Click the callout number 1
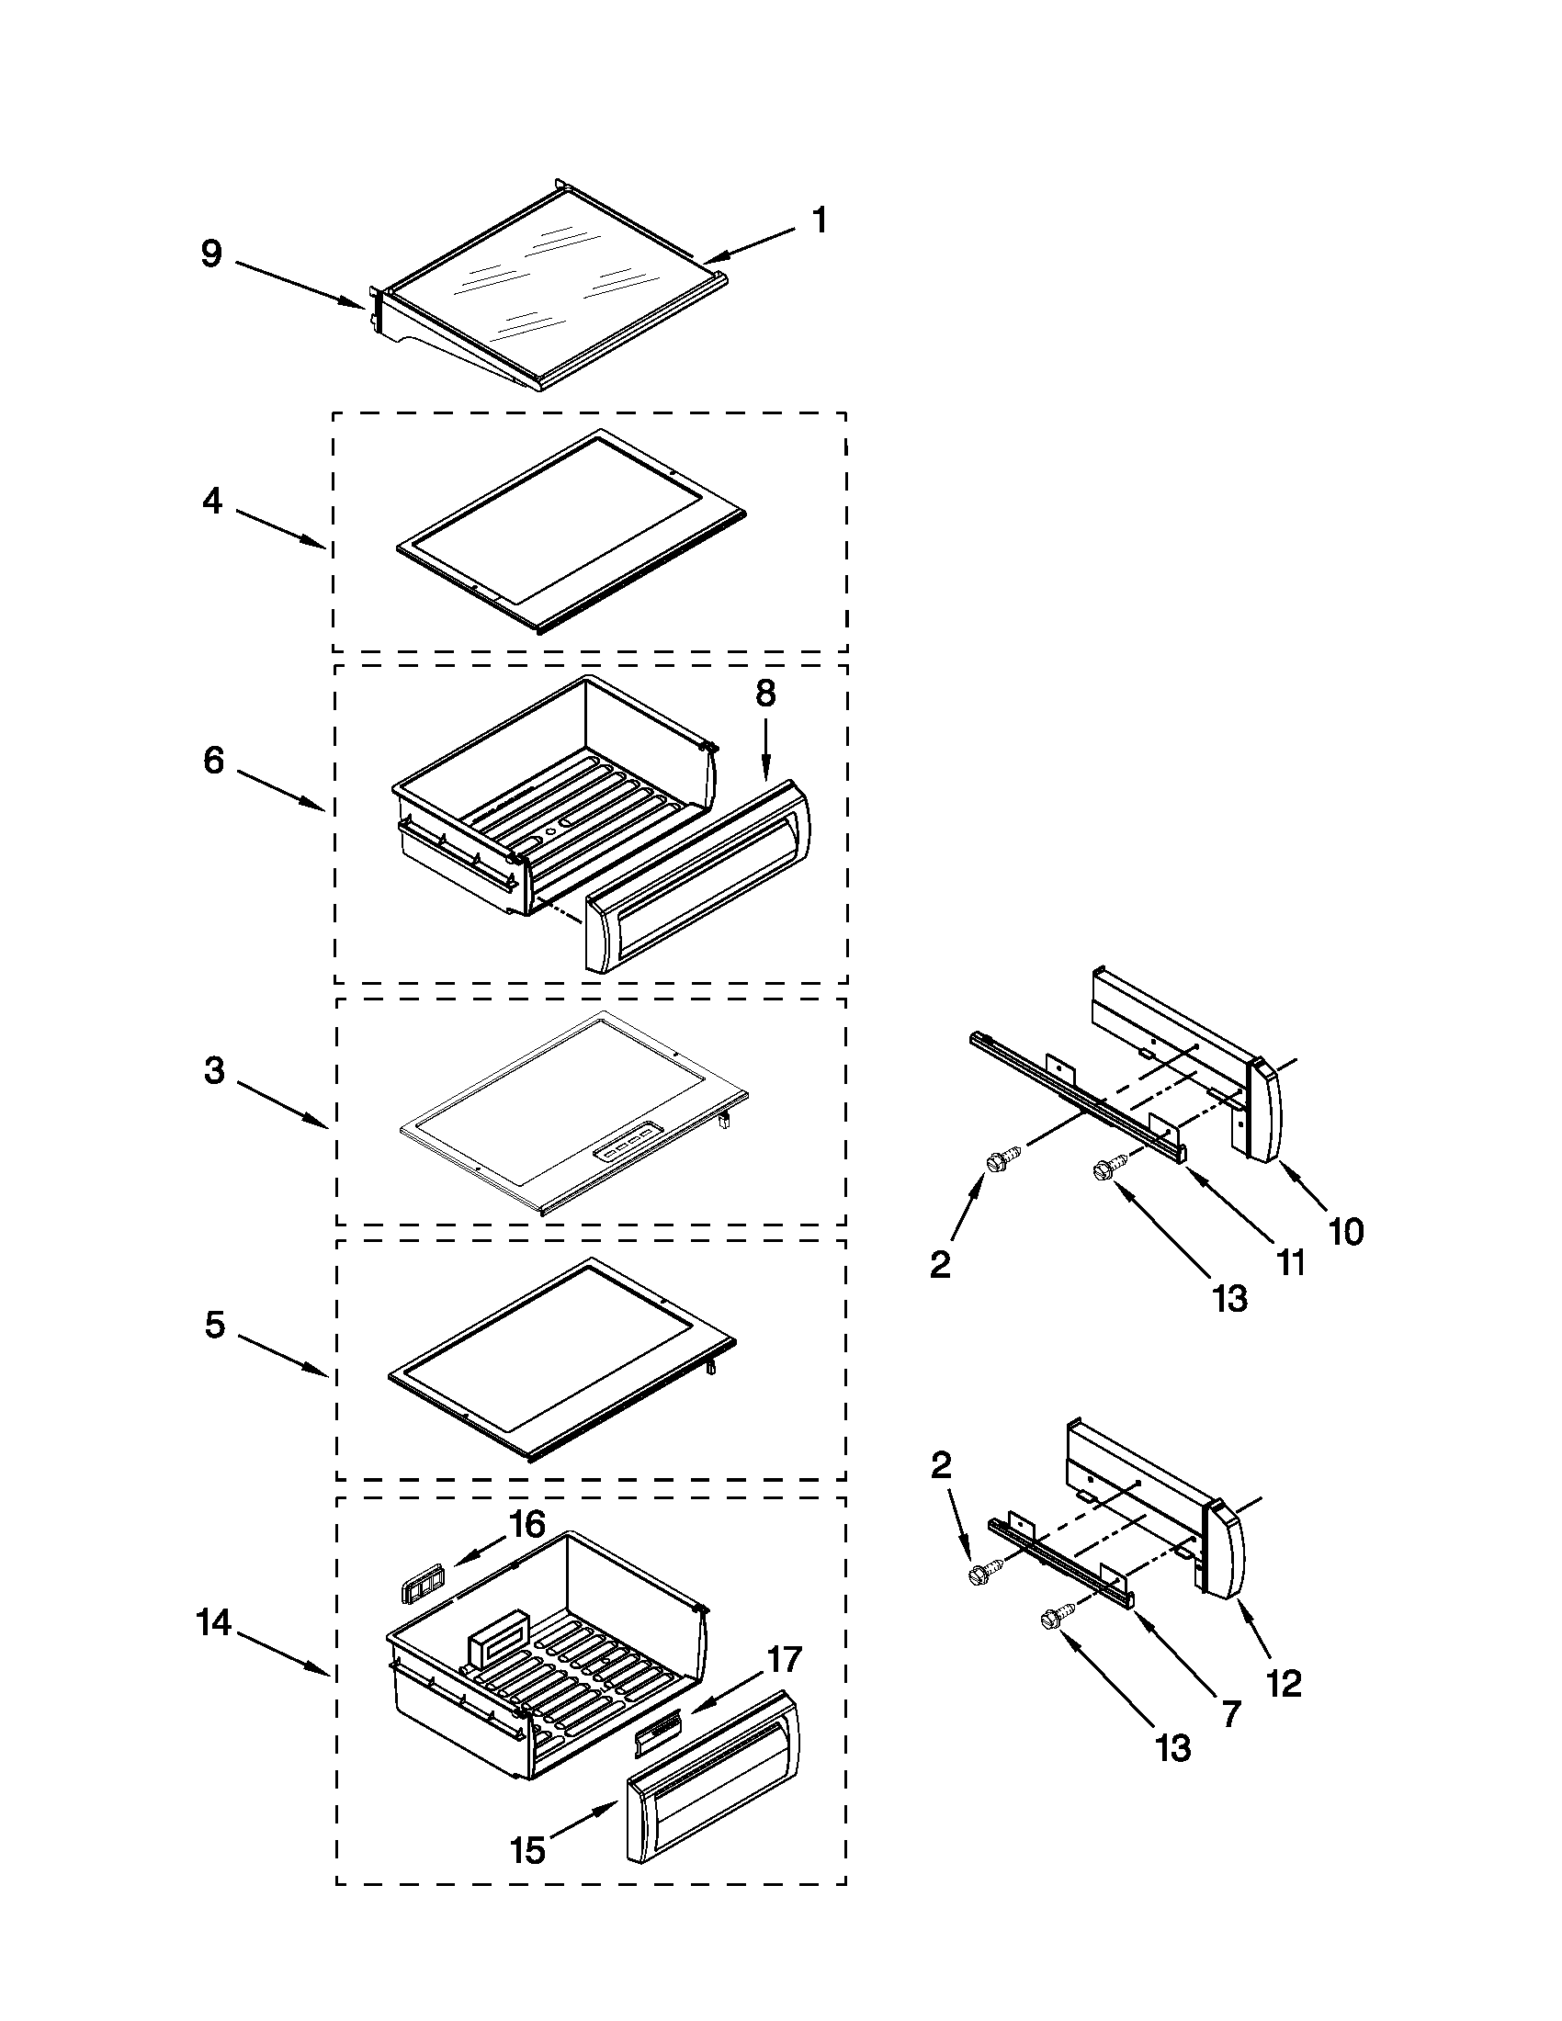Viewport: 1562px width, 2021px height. point(818,220)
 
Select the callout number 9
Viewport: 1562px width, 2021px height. point(212,253)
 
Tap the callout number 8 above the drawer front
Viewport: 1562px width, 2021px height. point(765,692)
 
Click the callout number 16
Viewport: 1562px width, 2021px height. point(527,1524)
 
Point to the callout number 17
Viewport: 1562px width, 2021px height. point(784,1659)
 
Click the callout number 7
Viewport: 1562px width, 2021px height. point(1229,1715)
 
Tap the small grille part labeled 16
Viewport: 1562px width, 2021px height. point(420,1590)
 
